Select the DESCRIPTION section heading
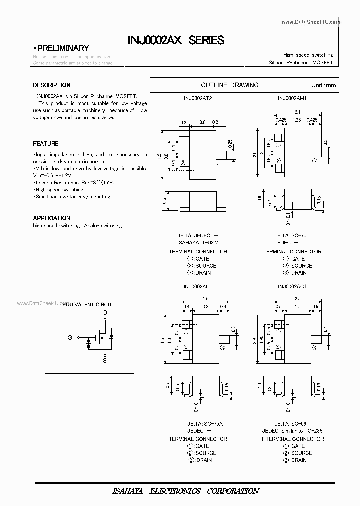[x=52, y=85]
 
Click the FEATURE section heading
[x=46, y=144]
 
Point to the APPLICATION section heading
[x=52, y=218]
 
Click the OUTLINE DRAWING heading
[x=229, y=85]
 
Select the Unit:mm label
[x=324, y=85]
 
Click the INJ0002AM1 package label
[x=292, y=98]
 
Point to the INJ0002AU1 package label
[x=198, y=287]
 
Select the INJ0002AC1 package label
[x=292, y=287]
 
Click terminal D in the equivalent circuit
[x=105, y=313]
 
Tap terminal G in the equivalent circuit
[x=70, y=338]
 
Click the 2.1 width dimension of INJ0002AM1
[x=297, y=112]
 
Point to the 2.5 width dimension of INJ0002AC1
[x=297, y=299]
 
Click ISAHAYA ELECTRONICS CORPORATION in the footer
[x=185, y=491]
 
